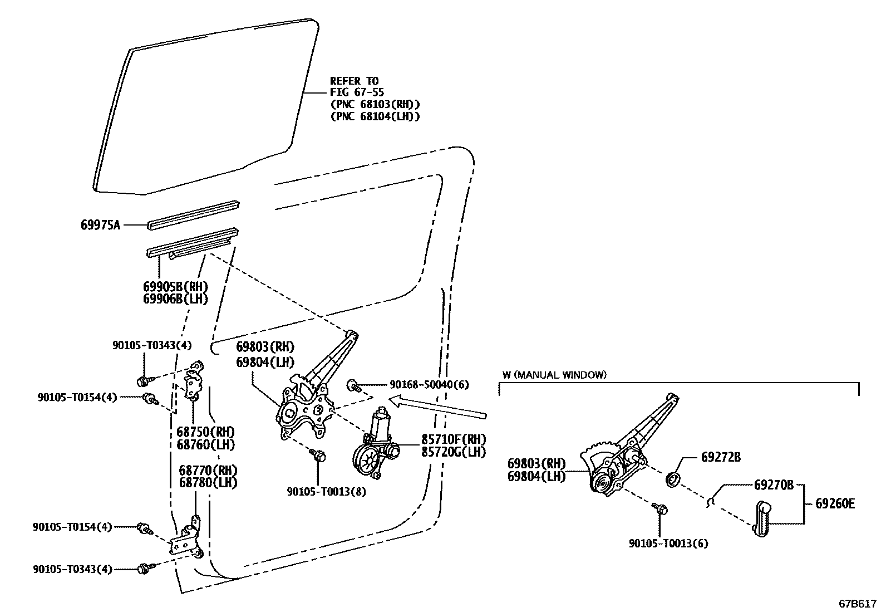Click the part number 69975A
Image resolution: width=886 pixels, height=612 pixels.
100,225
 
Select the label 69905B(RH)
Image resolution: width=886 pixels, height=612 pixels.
175,287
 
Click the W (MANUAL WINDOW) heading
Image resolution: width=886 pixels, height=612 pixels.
554,375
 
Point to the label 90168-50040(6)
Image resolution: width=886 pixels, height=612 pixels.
429,385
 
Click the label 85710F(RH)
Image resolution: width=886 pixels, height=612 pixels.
454,439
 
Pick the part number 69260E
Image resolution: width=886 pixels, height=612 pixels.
835,504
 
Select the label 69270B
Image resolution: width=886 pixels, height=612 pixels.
774,484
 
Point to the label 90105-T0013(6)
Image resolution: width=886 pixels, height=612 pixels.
668,544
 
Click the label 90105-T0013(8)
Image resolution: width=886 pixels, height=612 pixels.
326,492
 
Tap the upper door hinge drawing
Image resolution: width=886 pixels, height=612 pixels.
193,383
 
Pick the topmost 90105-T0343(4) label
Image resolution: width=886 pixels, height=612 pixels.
152,346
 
